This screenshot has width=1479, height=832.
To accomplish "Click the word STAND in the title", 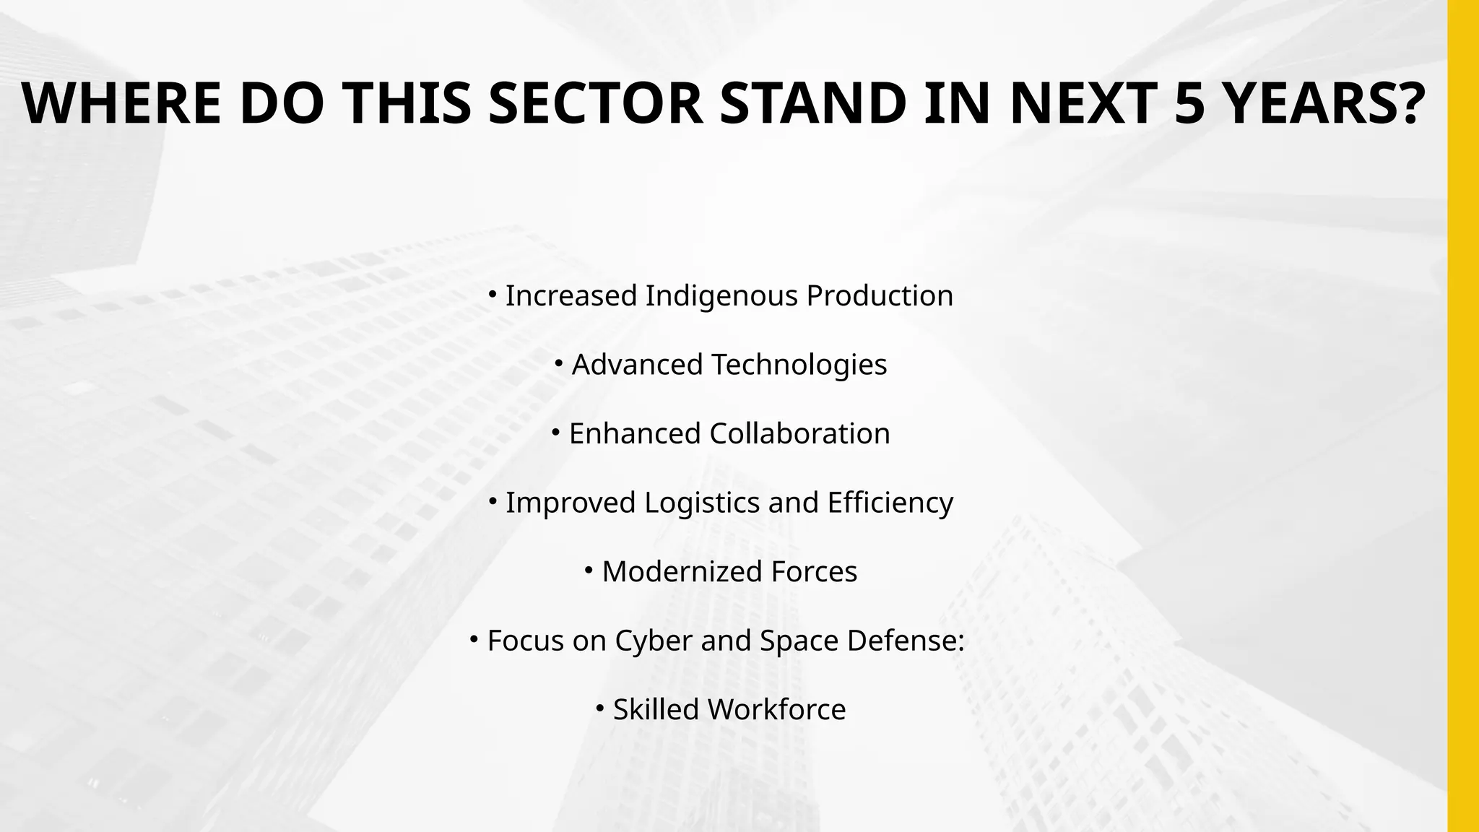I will [813, 103].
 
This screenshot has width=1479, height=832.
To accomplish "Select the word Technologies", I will [799, 365].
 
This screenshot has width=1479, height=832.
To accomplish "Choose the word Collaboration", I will [799, 434].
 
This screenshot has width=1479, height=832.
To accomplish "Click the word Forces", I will [814, 572].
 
